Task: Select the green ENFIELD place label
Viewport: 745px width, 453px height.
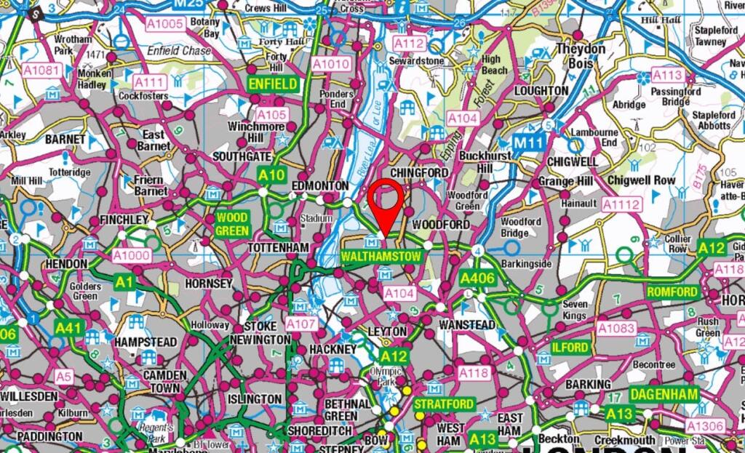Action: click(x=273, y=84)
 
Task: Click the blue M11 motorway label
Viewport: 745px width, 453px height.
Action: click(x=527, y=142)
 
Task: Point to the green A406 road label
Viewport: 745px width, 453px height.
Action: click(x=477, y=278)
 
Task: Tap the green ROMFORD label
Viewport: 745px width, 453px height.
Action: click(x=672, y=292)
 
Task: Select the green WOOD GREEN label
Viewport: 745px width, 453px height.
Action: click(x=232, y=224)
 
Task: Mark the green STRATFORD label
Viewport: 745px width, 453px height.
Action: click(x=444, y=404)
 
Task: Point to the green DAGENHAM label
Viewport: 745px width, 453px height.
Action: click(x=663, y=394)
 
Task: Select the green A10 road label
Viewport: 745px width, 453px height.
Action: click(x=271, y=175)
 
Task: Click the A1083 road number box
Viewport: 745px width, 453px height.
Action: click(x=616, y=329)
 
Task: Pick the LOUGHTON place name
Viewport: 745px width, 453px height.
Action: click(x=541, y=91)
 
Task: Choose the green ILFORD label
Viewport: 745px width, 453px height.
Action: click(x=570, y=348)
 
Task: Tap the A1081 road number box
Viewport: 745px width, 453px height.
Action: click(x=41, y=71)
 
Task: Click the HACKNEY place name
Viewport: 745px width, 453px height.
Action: click(x=332, y=349)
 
